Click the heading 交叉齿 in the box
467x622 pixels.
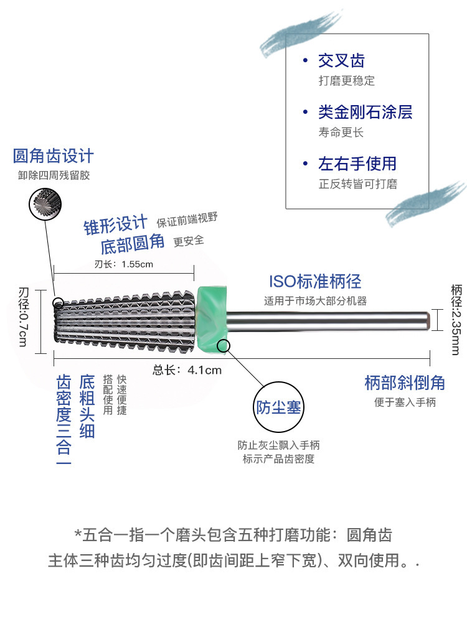point(341,61)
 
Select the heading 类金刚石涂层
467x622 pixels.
point(365,113)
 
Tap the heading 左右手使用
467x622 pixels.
point(357,164)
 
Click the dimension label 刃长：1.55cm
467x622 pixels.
point(124,264)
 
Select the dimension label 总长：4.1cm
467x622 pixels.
point(187,370)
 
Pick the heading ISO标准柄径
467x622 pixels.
point(315,282)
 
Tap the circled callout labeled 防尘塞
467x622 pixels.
point(279,407)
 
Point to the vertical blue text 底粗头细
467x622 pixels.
point(87,406)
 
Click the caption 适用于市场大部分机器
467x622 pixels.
point(315,301)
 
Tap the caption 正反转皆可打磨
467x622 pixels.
point(357,184)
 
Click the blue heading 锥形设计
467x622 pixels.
point(116,225)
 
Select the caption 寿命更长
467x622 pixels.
point(341,132)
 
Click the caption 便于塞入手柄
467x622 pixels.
point(405,402)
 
